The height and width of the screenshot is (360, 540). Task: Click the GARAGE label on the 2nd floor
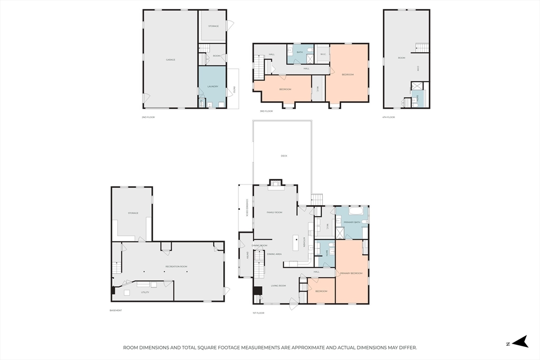click(x=170, y=60)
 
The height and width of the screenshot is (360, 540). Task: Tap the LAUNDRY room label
click(x=213, y=86)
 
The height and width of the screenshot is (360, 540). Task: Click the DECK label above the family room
click(x=284, y=155)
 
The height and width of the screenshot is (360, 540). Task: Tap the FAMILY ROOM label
click(x=274, y=212)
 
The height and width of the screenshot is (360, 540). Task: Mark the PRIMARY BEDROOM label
click(x=351, y=273)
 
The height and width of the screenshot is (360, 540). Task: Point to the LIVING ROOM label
click(x=278, y=285)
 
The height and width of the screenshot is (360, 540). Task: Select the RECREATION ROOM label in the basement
click(x=176, y=266)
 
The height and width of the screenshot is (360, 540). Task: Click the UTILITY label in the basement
click(x=144, y=292)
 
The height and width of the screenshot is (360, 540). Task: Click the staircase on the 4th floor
click(x=422, y=47)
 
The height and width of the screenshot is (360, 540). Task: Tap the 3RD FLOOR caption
click(x=266, y=111)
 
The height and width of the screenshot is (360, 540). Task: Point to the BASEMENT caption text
click(x=116, y=310)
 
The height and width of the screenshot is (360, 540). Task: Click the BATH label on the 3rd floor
click(x=300, y=52)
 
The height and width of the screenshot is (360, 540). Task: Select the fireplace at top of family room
click(x=276, y=184)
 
